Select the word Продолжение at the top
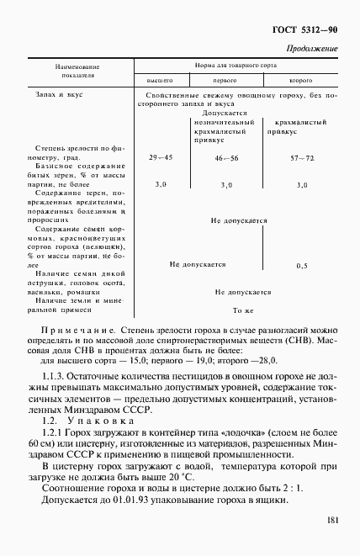coord(312,49)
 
